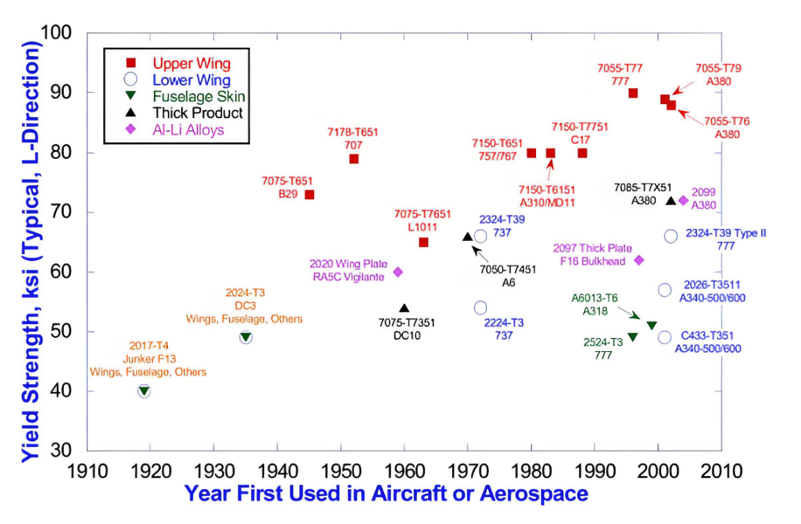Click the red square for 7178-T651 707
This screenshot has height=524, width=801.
tap(354, 159)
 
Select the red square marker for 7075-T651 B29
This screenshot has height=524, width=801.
tap(309, 194)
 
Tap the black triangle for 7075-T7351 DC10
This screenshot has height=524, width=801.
tap(404, 308)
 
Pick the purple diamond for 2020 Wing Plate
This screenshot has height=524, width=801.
tap(398, 272)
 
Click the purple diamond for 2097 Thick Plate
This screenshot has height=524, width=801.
tap(639, 260)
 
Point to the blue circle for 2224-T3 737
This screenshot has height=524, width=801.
tap(480, 307)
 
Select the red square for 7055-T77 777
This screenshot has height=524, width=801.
tap(632, 93)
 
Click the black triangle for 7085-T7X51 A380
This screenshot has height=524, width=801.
tap(671, 201)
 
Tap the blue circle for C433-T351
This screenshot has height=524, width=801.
tap(664, 337)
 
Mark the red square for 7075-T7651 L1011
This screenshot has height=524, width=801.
tap(423, 242)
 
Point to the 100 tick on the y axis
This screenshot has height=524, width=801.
tap(58, 33)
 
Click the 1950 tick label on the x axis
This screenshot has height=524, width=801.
tap(341, 472)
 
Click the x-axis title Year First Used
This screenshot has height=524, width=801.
tap(386, 494)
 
